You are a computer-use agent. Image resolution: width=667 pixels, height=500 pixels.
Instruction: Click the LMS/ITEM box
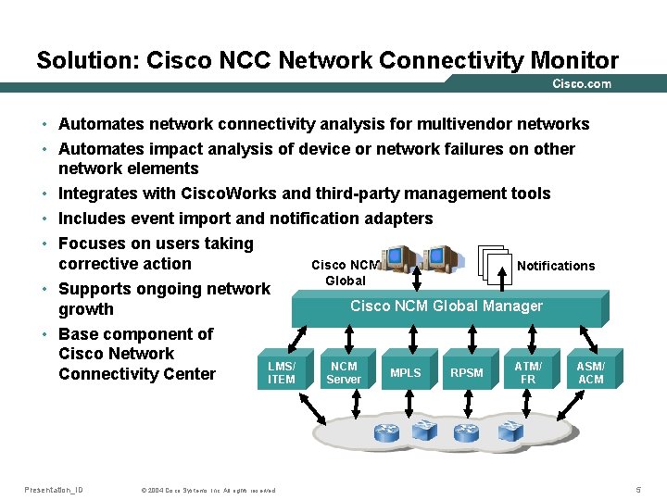click(x=281, y=373)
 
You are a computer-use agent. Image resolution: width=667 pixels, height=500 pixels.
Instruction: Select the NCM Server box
click(x=344, y=373)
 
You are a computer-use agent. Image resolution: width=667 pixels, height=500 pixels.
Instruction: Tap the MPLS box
click(x=405, y=373)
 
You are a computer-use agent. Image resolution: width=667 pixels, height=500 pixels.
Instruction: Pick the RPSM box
click(x=467, y=373)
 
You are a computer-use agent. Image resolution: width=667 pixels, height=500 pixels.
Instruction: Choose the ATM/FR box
click(x=528, y=373)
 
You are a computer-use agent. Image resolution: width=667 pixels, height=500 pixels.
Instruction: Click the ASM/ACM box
click(x=590, y=373)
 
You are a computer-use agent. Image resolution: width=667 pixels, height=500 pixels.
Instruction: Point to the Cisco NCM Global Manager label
click(x=447, y=306)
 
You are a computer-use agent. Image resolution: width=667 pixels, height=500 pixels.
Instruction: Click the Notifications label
click(x=556, y=266)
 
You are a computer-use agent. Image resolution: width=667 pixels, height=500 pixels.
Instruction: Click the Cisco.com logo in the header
click(x=582, y=83)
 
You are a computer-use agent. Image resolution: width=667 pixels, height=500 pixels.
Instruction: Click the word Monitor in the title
click(x=574, y=61)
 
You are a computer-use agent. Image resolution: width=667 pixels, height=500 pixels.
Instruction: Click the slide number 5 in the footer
click(x=637, y=489)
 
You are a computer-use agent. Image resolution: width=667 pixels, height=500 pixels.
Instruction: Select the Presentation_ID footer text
click(x=53, y=489)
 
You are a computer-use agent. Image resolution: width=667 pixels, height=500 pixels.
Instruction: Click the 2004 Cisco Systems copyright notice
click(x=208, y=490)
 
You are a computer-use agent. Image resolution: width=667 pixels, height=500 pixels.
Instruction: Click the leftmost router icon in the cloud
click(x=384, y=431)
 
